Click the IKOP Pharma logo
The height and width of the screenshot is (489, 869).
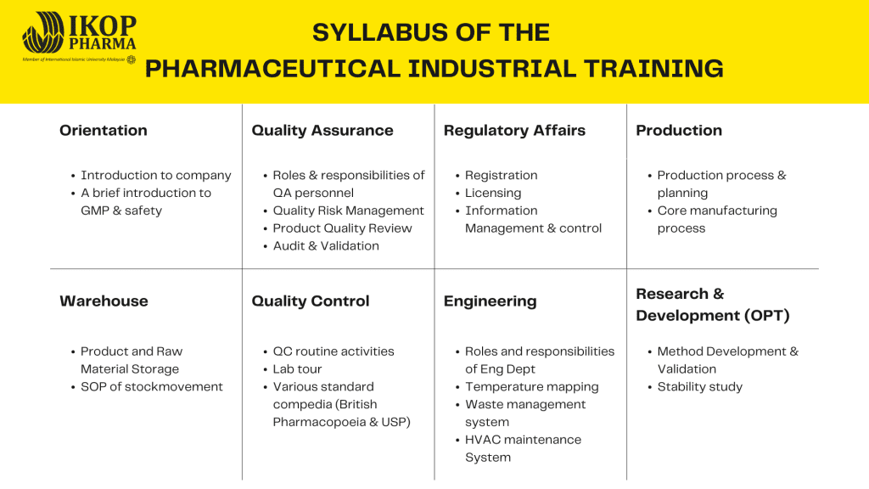coord(79,38)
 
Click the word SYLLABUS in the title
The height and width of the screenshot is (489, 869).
coord(370,33)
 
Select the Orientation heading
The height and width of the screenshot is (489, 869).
coord(104,130)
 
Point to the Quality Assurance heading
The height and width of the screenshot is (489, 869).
coord(322,131)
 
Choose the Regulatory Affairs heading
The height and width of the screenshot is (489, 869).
coord(514,131)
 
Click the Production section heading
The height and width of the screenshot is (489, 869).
coord(679,130)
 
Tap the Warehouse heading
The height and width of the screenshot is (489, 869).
coord(104,301)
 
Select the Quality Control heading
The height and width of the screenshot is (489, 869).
coord(311,301)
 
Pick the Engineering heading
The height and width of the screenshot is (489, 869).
coord(490,301)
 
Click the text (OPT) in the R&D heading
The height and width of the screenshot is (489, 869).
coord(767,316)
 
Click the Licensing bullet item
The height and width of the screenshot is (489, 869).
coord(493,193)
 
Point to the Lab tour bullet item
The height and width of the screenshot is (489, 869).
coord(297,368)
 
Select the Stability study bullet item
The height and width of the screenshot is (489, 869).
coord(700,387)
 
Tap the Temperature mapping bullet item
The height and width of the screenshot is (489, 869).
coord(532,387)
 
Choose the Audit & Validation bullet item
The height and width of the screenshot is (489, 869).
coord(326,245)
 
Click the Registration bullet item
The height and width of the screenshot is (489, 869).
coord(501,175)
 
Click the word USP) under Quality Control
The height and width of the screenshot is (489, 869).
coord(395,422)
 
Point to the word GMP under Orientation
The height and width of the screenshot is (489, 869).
coord(95,211)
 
